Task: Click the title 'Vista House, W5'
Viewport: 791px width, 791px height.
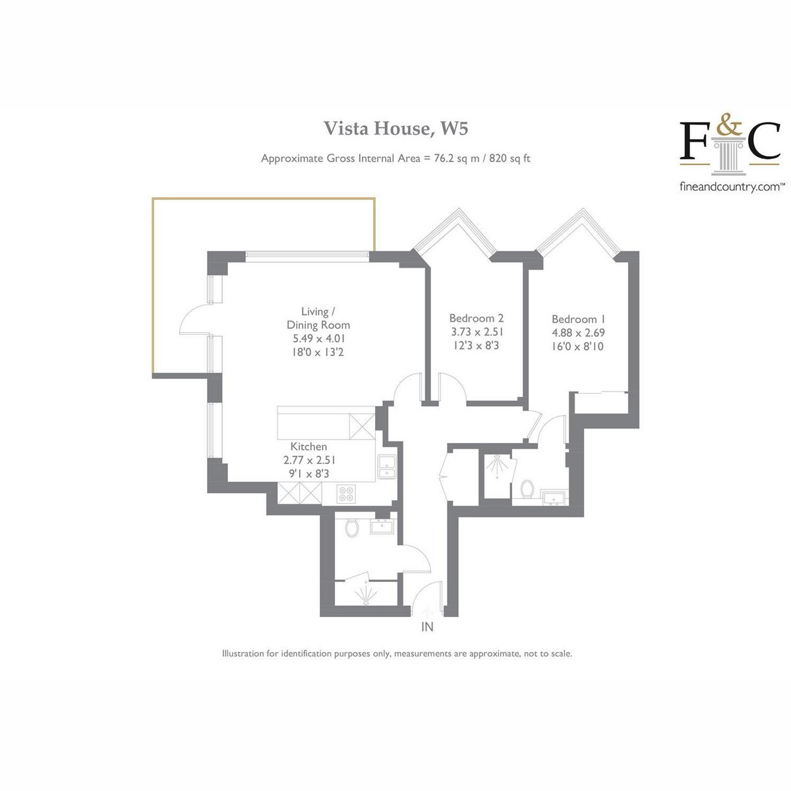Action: point(396,128)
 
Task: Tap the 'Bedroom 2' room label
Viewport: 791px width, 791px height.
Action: point(476,318)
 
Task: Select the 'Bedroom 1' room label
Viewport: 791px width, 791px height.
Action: point(578,319)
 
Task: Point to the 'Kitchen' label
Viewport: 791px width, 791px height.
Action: point(308,446)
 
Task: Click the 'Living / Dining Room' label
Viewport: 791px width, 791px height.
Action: point(318,318)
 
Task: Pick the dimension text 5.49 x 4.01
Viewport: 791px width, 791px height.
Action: point(319,338)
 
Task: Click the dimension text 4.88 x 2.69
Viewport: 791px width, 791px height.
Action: point(578,332)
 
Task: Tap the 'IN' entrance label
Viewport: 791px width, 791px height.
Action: point(427,627)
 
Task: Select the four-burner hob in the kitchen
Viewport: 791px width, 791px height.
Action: point(345,494)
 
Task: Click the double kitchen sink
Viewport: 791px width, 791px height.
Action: point(387,467)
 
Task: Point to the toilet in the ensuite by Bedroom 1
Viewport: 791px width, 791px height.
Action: point(527,489)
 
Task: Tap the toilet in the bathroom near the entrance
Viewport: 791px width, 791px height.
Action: point(352,528)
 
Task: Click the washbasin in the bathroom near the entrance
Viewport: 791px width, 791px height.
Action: point(382,526)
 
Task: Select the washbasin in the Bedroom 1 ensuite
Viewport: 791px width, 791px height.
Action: point(554,497)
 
